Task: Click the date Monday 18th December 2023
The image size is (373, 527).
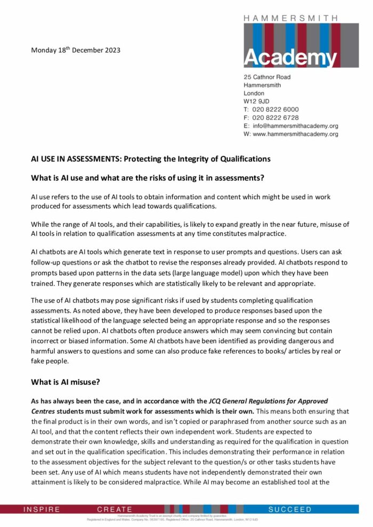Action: pyautogui.click(x=76, y=51)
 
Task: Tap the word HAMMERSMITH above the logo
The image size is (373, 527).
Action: pyautogui.click(x=290, y=18)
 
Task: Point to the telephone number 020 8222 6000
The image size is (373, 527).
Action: pyautogui.click(x=275, y=109)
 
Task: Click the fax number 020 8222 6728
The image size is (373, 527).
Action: pyautogui.click(x=275, y=118)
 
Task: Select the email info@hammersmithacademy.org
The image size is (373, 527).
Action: pyautogui.click(x=295, y=126)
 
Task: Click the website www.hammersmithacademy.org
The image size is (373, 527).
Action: pyautogui.click(x=295, y=134)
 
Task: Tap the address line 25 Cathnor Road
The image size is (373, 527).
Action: pyautogui.click(x=271, y=77)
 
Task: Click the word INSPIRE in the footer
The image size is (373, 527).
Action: pyautogui.click(x=42, y=509)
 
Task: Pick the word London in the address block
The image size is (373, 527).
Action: pyautogui.click(x=254, y=93)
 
